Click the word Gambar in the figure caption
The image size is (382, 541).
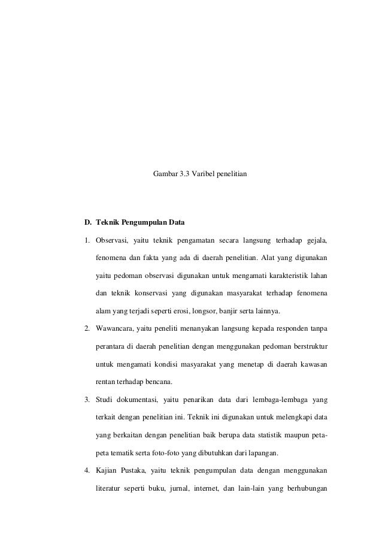point(165,174)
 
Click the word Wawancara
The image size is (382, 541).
point(115,329)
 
